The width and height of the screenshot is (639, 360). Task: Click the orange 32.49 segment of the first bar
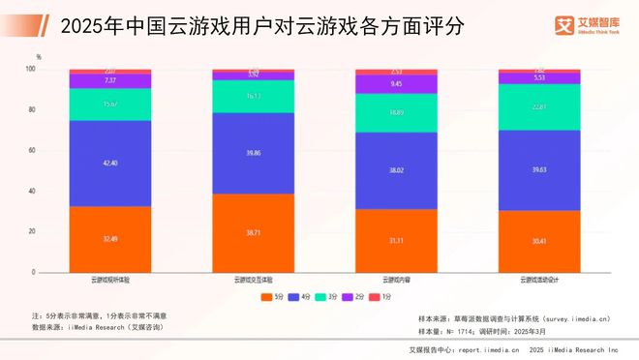[109, 240]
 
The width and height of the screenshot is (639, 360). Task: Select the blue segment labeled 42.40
[109, 164]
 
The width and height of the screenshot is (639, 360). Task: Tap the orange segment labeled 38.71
[253, 234]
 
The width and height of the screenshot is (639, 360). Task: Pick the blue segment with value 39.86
[253, 153]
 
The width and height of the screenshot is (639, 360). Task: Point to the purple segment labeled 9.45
[395, 84]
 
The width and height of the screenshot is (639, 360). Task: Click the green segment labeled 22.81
[538, 106]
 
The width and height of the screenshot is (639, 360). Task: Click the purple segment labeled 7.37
[109, 81]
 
